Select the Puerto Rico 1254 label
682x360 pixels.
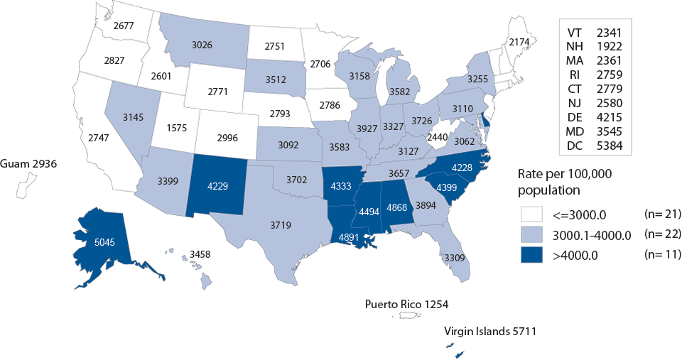click(406, 304)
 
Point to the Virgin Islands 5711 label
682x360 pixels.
click(489, 330)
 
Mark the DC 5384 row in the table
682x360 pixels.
click(595, 147)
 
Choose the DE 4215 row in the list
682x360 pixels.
click(595, 114)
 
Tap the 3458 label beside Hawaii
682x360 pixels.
click(199, 253)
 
